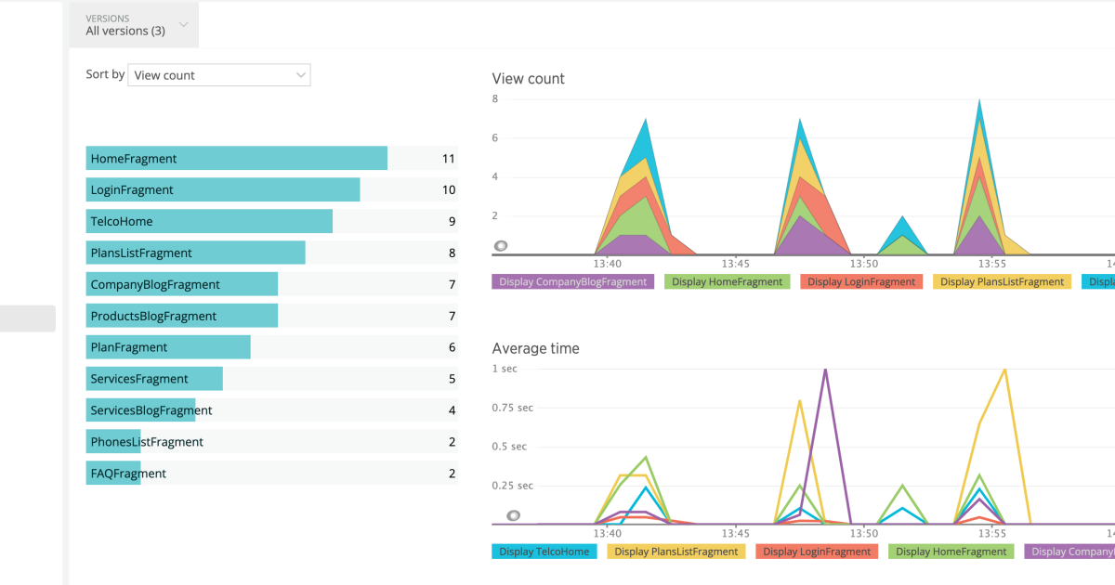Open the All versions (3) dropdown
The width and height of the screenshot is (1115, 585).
134,25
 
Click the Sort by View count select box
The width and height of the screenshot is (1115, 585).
219,75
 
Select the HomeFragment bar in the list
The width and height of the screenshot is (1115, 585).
236,159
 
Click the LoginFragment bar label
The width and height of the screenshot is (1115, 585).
132,190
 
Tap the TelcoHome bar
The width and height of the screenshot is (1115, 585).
209,222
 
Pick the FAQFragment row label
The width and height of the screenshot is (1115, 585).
128,474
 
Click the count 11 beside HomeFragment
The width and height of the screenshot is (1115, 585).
448,159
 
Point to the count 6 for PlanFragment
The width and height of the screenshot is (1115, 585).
452,347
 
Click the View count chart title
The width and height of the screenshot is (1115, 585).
528,79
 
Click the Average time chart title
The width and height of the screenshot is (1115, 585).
535,349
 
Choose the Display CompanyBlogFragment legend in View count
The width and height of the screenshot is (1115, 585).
572,281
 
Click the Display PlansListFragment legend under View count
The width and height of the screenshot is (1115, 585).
1002,281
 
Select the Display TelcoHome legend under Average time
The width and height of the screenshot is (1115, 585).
544,552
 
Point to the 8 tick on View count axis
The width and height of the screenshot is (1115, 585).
495,98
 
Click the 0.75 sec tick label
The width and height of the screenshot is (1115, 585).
513,408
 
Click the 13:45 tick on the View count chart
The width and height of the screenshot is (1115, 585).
735,264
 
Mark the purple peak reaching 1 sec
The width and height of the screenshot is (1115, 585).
825,370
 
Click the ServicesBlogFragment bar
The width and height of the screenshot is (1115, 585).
141,410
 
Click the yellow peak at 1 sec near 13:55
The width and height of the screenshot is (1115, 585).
1004,370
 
